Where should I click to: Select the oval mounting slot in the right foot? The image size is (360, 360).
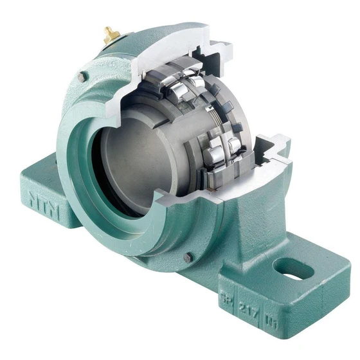coord(293,268)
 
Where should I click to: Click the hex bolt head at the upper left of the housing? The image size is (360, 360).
coord(82,77)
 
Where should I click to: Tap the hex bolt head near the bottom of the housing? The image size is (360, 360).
coord(188,257)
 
